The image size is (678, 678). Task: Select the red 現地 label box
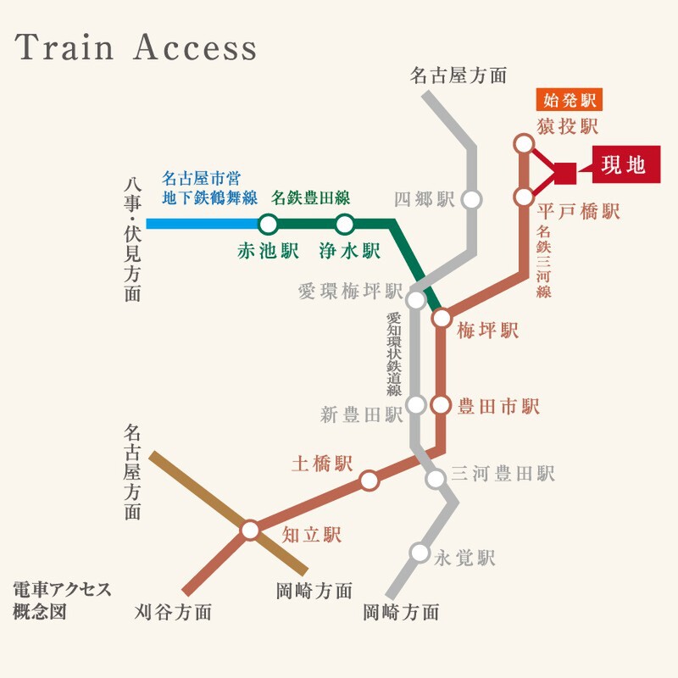(x=626, y=164)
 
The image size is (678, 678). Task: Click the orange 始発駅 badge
(x=569, y=100)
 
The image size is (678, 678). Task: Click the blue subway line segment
(x=203, y=224)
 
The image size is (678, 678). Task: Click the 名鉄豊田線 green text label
(x=310, y=198)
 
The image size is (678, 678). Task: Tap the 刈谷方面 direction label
(x=173, y=612)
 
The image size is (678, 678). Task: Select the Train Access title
(x=136, y=47)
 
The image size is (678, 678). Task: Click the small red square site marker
(x=565, y=174)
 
